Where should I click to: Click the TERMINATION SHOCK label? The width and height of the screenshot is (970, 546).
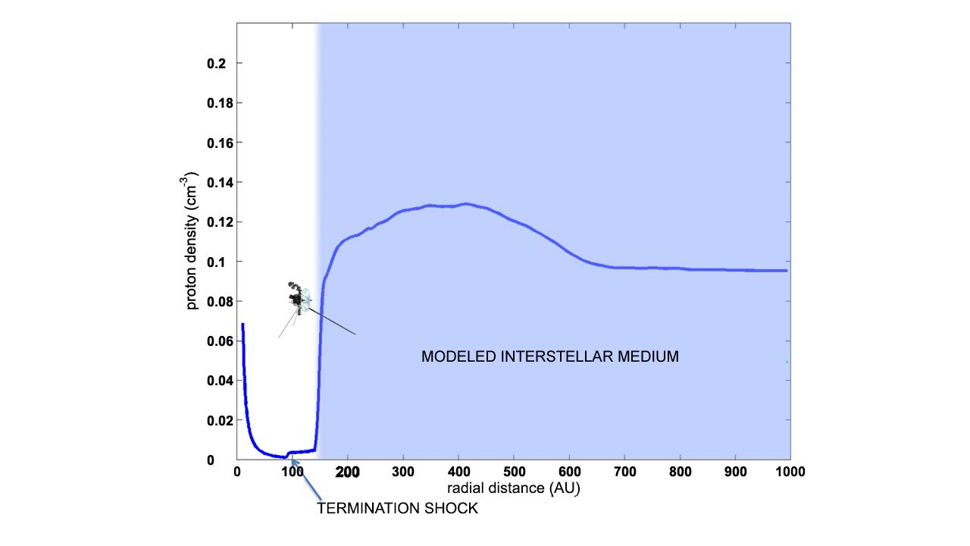pos(397,509)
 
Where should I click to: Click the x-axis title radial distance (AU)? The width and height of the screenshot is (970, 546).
pos(514,488)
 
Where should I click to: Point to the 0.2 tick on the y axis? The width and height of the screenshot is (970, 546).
pos(216,64)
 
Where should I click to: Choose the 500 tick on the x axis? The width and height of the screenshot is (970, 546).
pos(514,472)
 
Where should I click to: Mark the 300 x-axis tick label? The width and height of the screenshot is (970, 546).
pos(403,472)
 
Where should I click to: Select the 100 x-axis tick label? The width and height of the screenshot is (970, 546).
pos(293,472)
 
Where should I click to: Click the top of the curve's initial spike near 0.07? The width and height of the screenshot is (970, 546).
pos(242,325)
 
